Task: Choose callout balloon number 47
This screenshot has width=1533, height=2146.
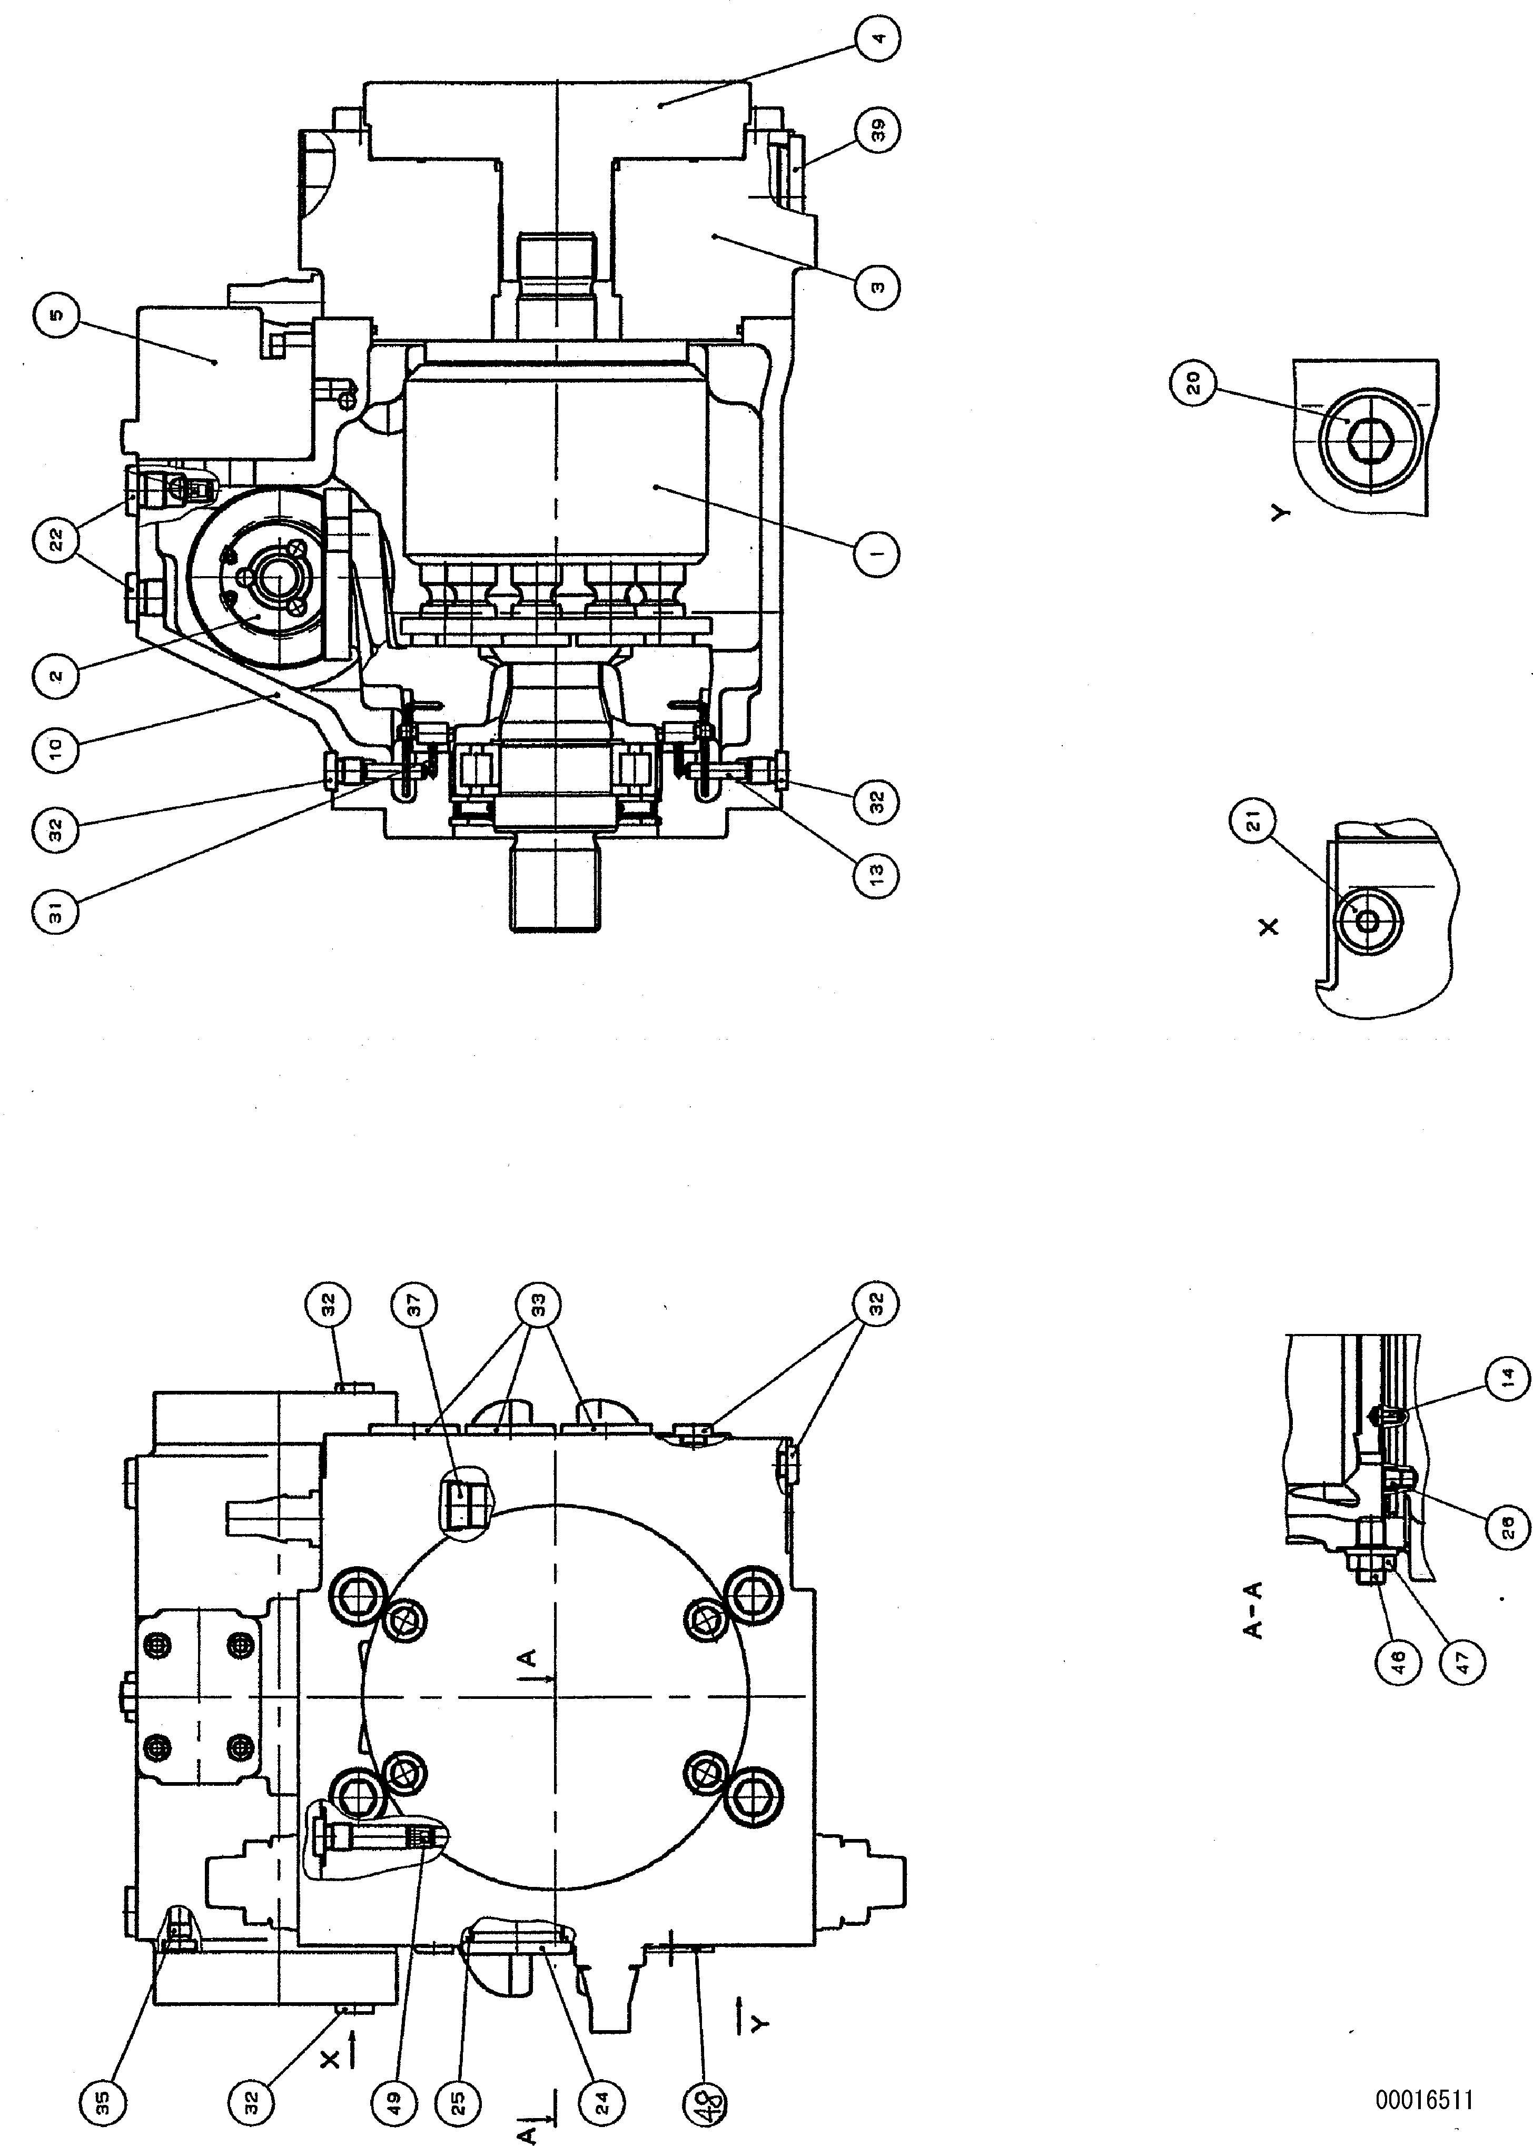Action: tap(1463, 1659)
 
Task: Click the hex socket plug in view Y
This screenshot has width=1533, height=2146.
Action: tap(1367, 441)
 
